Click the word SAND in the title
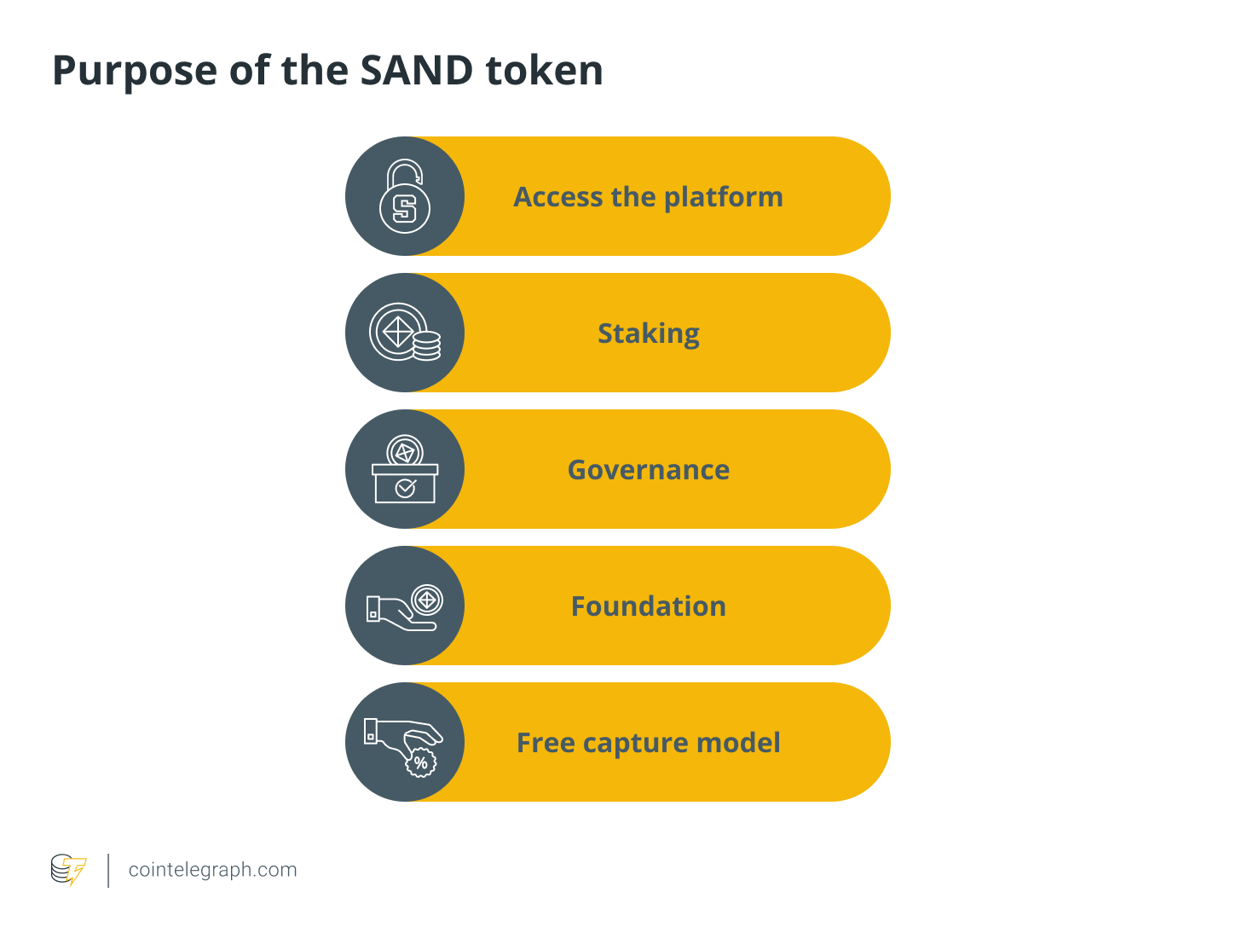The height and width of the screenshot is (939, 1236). tap(416, 70)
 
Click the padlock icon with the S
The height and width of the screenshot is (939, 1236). tap(405, 196)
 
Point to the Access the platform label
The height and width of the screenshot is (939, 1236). tap(648, 197)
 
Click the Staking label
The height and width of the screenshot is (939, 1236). tap(648, 333)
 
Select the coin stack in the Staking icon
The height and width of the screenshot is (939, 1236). tap(426, 345)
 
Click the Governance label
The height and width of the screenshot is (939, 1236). tap(648, 470)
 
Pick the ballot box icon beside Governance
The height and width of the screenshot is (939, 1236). tap(405, 470)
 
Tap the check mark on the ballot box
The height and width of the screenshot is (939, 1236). tap(406, 488)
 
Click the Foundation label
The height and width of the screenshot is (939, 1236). tap(648, 606)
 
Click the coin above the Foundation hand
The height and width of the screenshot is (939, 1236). tap(427, 600)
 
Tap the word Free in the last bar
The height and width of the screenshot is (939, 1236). tap(546, 743)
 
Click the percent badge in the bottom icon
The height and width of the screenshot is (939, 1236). tap(420, 762)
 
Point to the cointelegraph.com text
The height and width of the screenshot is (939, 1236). tap(212, 870)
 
